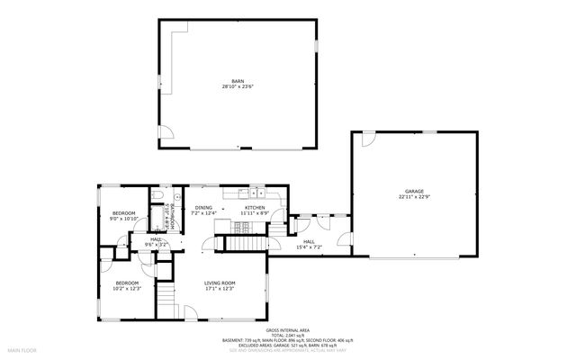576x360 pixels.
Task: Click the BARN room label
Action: [x=238, y=81]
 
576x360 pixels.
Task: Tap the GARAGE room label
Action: [x=413, y=190]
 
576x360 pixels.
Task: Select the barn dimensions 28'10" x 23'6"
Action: [x=238, y=87]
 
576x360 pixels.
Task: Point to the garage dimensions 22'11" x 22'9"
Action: [x=413, y=196]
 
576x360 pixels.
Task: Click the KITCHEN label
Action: [x=255, y=208]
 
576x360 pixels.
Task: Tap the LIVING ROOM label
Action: [x=220, y=283]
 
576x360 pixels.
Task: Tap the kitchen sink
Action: [x=257, y=191]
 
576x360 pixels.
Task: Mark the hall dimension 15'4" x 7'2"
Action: [x=309, y=247]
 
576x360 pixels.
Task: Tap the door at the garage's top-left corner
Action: [x=366, y=139]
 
